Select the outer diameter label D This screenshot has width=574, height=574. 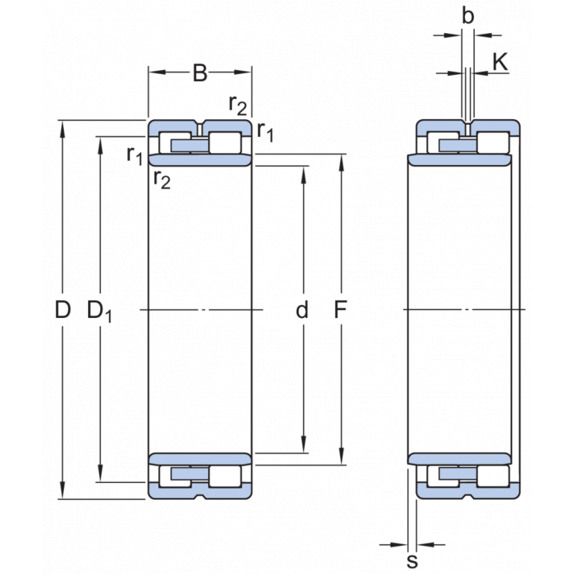[63, 310]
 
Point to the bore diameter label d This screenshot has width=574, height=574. [303, 310]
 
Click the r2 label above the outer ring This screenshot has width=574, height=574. [237, 105]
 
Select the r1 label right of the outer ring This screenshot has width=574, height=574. [265, 131]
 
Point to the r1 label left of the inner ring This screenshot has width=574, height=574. [134, 154]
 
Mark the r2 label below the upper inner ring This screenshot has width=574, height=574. [162, 179]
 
